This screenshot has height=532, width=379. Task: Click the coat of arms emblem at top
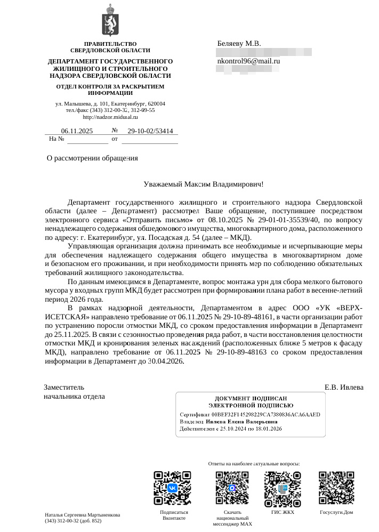point(110,20)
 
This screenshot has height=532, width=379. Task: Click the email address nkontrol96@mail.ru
point(248,61)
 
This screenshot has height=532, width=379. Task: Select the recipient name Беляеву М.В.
point(239,43)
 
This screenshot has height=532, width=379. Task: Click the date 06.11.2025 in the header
point(77,131)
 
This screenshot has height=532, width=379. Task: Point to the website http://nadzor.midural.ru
point(110,117)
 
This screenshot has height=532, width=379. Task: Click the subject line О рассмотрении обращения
point(92,158)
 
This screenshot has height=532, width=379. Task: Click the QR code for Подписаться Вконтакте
point(172,488)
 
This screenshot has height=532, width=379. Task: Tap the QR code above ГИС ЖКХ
point(283,489)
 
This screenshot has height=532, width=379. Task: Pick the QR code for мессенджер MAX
point(232,489)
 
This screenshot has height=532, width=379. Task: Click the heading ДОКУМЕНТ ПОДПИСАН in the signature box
point(251,398)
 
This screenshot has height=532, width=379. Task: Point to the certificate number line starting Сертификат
point(250,414)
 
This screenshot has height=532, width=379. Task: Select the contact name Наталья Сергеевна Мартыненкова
point(82,514)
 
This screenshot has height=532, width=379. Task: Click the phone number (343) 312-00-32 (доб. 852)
point(73,520)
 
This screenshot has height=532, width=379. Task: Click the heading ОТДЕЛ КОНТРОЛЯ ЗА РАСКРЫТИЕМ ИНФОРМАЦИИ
point(110,90)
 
